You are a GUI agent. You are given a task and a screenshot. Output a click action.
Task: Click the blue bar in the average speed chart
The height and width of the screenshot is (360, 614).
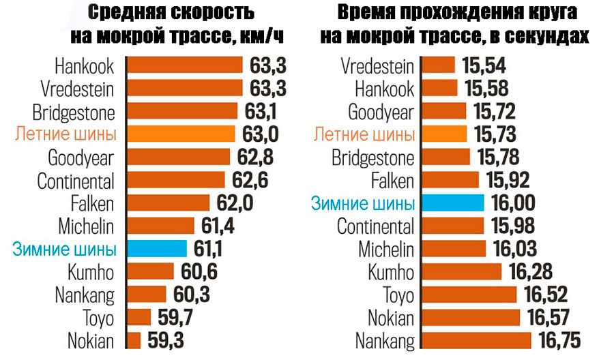coord(157,249)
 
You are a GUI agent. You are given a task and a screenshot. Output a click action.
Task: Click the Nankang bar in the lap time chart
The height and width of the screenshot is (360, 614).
coord(477,340)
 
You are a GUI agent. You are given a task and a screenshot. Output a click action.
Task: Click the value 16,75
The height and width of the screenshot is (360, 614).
coord(563,340)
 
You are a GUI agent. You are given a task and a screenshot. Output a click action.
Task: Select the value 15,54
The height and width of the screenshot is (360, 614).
coord(484,65)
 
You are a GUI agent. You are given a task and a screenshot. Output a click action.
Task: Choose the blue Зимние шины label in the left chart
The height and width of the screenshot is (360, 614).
coord(64,249)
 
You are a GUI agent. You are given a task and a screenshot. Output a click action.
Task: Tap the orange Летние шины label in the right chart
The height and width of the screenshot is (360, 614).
coord(364,134)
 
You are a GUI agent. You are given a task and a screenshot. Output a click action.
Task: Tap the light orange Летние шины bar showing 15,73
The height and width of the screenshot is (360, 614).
coord(444,134)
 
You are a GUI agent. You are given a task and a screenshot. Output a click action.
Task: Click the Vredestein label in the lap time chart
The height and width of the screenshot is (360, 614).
coord(377,65)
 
